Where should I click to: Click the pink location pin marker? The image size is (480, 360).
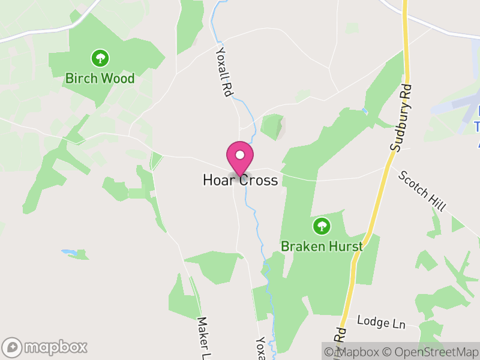pyautogui.click(x=240, y=158)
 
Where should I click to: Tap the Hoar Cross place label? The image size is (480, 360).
pyautogui.click(x=240, y=180)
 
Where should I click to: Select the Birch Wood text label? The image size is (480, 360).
pyautogui.click(x=100, y=79)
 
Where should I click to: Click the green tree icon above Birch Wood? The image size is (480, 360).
pyautogui.click(x=100, y=58)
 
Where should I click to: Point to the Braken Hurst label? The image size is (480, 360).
pyautogui.click(x=322, y=247)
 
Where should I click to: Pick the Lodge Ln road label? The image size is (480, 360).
pyautogui.click(x=381, y=322)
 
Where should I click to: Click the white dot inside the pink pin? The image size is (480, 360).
pyautogui.click(x=240, y=155)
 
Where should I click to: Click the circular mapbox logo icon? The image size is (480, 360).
pyautogui.click(x=12, y=347)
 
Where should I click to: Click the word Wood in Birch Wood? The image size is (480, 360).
pyautogui.click(x=118, y=79)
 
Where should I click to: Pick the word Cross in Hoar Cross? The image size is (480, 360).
pyautogui.click(x=259, y=180)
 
